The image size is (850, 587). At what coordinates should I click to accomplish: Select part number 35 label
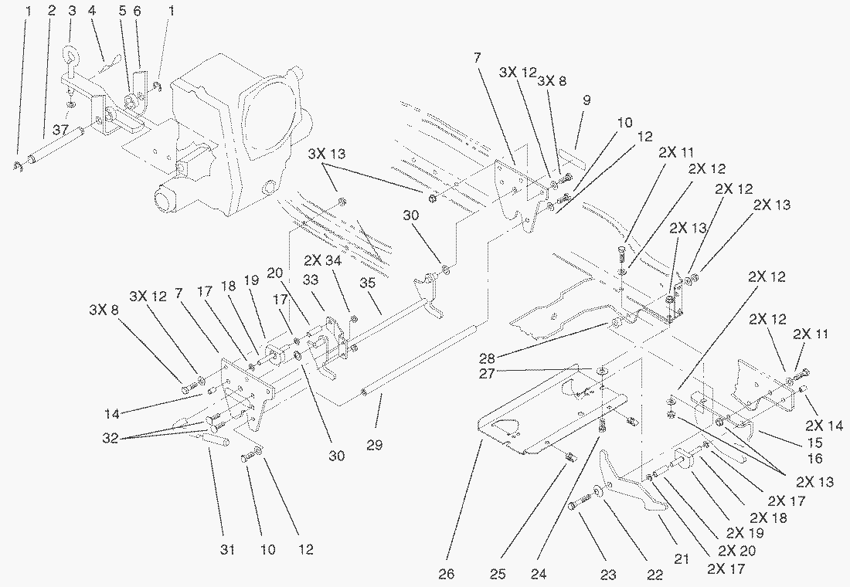367,283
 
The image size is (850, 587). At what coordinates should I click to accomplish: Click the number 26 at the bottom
447,574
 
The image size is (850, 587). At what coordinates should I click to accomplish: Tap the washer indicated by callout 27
600,372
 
